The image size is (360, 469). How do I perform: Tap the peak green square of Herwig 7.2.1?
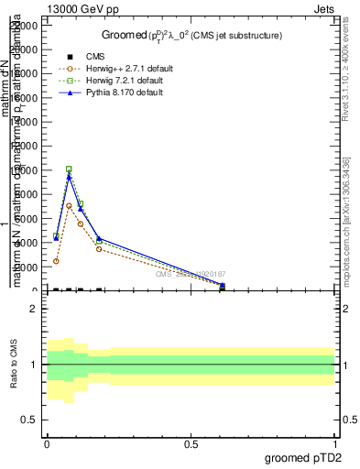[69, 169]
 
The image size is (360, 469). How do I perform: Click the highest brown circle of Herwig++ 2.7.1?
[69, 205]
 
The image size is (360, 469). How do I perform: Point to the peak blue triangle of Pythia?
[69, 176]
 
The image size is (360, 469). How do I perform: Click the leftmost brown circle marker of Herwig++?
[56, 261]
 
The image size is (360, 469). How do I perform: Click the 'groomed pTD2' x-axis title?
[305, 457]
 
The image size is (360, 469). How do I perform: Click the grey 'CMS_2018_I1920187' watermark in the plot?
[190, 274]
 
